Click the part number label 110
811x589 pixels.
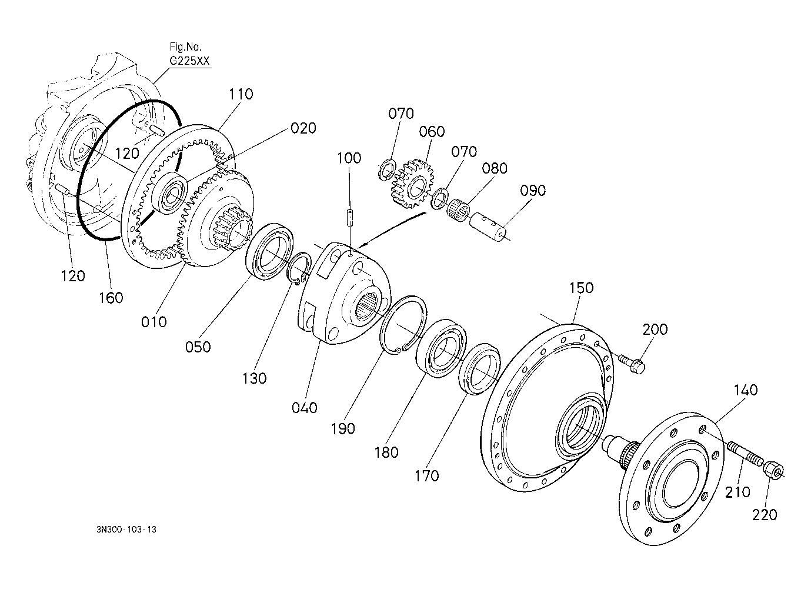point(241,94)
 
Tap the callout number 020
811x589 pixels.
point(303,128)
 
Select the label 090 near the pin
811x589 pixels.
point(533,191)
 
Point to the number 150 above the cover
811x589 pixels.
point(581,288)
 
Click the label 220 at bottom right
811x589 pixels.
point(765,515)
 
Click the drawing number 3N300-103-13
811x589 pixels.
point(127,530)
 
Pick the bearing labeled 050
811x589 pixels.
point(271,251)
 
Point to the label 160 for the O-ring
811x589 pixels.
point(111,298)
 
